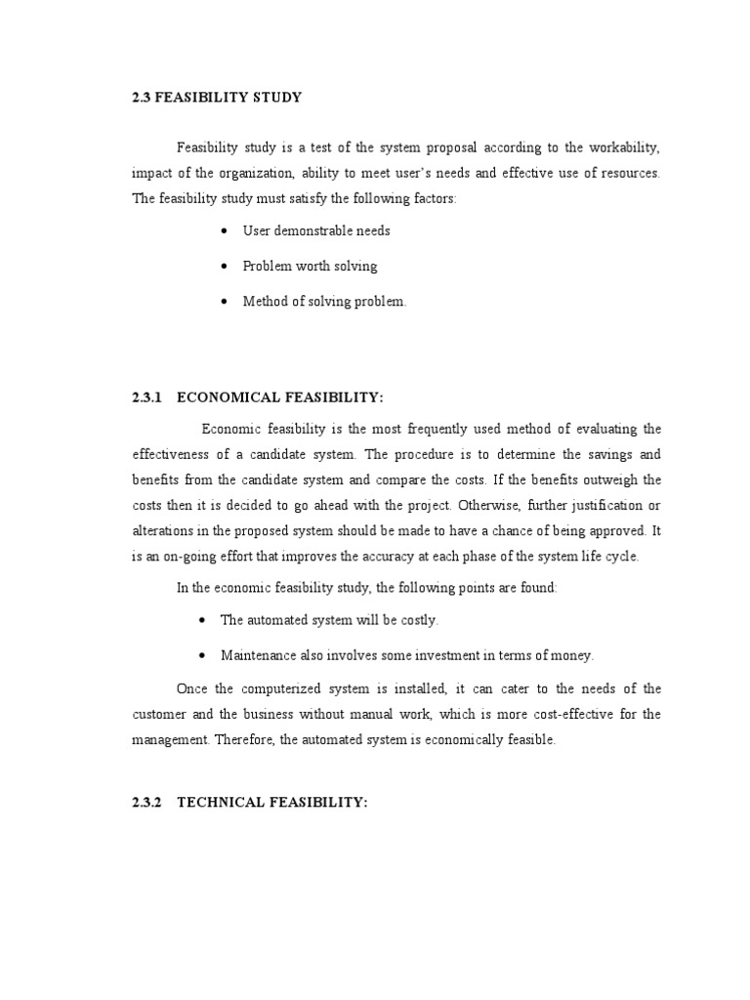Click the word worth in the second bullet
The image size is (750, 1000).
pos(312,266)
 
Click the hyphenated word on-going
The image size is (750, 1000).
pos(185,556)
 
